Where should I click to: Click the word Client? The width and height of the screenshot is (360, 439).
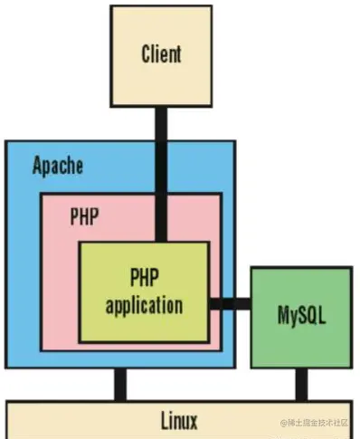pos(161,54)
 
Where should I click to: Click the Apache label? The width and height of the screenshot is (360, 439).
pos(58,166)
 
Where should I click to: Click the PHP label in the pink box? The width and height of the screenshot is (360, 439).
pos(84,217)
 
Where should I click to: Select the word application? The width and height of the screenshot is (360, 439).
pos(145,305)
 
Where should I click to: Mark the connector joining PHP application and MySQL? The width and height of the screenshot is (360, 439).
pos(230,303)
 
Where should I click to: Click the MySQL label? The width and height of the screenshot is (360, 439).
pos(301,317)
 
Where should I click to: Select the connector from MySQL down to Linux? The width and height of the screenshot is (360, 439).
pos(301,384)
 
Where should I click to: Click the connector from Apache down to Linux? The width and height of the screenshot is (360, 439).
pos(119,384)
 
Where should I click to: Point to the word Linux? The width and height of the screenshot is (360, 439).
pos(179,420)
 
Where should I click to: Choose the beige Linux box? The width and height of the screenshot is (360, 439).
pos(72,420)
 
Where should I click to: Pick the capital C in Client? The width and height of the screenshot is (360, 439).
pos(147,54)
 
